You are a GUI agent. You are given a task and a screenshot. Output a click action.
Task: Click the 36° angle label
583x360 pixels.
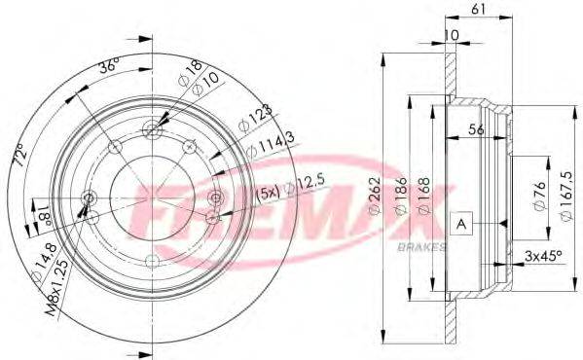click(x=109, y=68)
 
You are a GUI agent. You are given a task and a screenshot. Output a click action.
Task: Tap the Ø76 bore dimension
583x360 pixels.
click(x=539, y=196)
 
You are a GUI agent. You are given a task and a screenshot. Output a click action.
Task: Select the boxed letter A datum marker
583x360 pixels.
click(x=461, y=224)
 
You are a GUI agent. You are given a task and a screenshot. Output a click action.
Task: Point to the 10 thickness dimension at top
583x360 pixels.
click(x=451, y=35)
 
